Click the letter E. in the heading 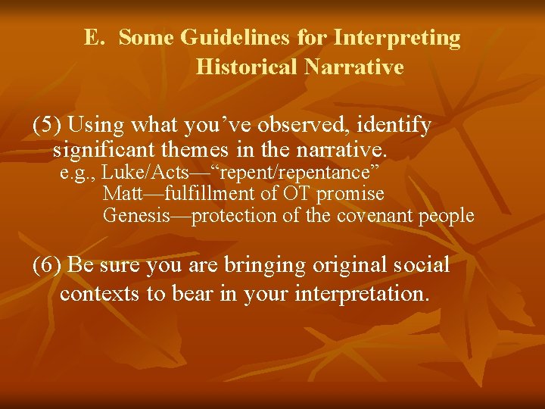click(x=94, y=38)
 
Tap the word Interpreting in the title click(x=397, y=38)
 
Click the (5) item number click(x=48, y=125)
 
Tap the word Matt click(x=123, y=195)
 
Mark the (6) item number click(x=48, y=266)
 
